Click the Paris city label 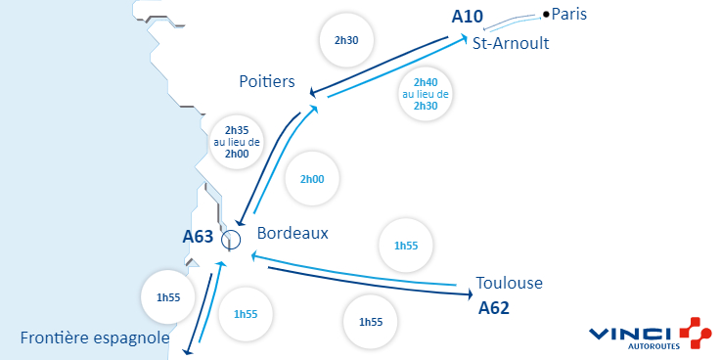570,14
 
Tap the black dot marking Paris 546,14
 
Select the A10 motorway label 469,17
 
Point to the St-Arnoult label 511,44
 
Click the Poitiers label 267,82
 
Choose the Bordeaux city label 293,234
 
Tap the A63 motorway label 198,236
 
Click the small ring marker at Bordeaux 231,239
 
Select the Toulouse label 509,284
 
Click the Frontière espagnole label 95,338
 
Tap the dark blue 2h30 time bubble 346,40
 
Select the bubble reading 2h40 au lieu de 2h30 426,94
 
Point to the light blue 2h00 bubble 312,180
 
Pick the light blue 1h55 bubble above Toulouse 405,245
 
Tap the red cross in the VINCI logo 695,334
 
